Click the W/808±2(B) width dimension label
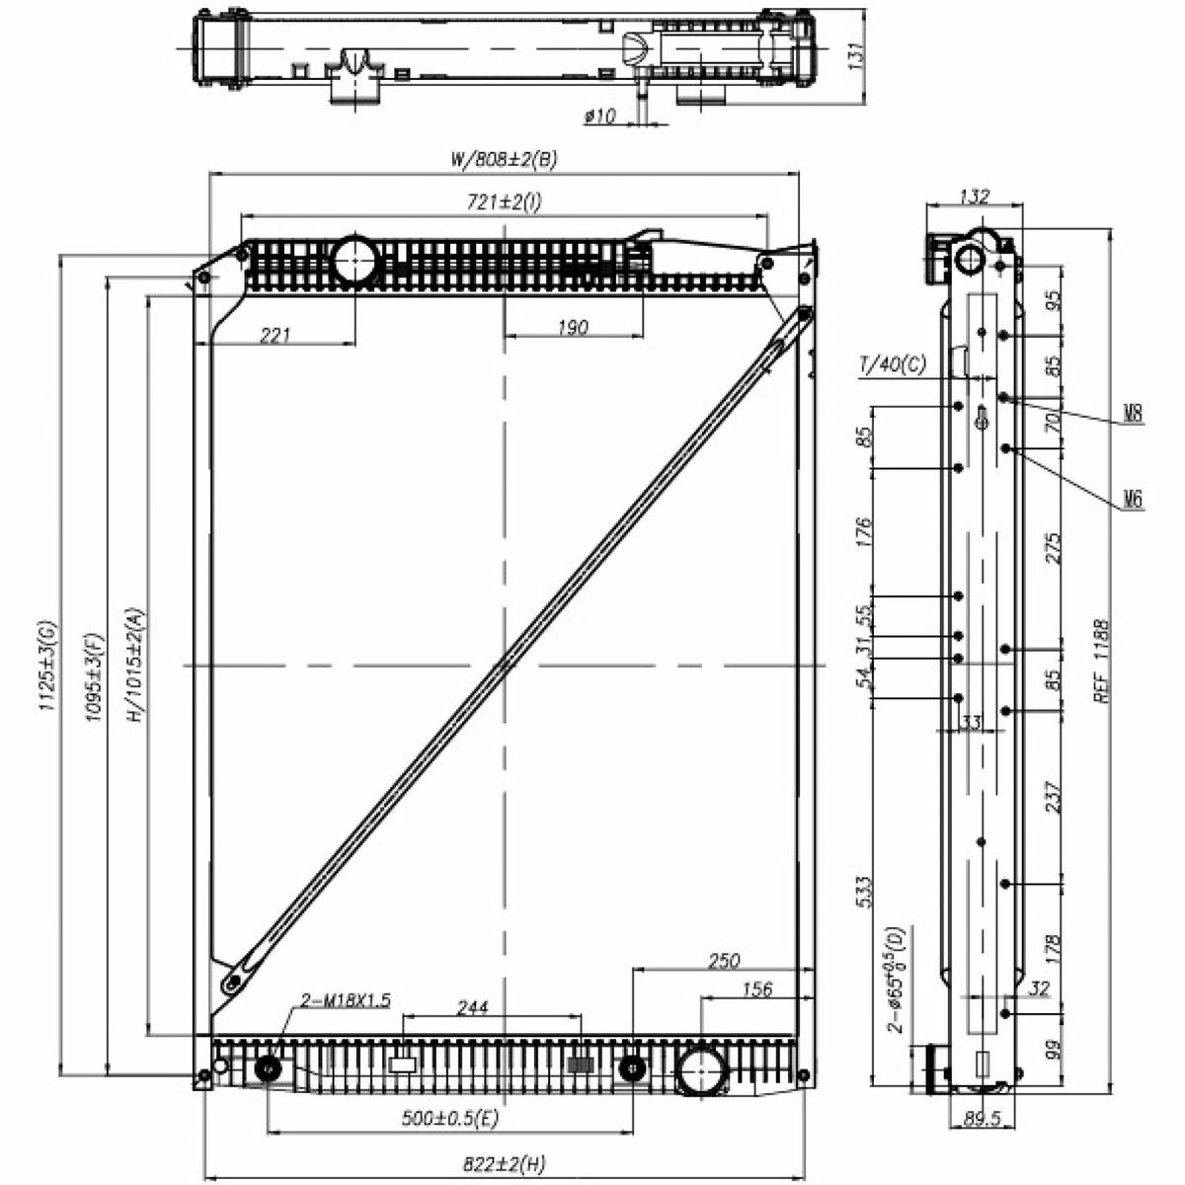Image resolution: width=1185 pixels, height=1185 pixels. click(504, 159)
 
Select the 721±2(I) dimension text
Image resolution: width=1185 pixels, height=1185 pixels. click(505, 201)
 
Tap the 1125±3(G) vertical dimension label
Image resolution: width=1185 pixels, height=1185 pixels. click(48, 667)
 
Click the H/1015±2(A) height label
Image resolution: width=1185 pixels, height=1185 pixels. click(135, 666)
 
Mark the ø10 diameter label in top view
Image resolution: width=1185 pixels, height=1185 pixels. click(599, 115)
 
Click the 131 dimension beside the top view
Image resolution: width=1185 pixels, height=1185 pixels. click(856, 56)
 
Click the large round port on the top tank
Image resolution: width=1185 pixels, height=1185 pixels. click(355, 261)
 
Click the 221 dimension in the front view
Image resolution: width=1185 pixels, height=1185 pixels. click(275, 335)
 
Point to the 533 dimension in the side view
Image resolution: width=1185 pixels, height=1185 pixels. click(863, 892)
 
